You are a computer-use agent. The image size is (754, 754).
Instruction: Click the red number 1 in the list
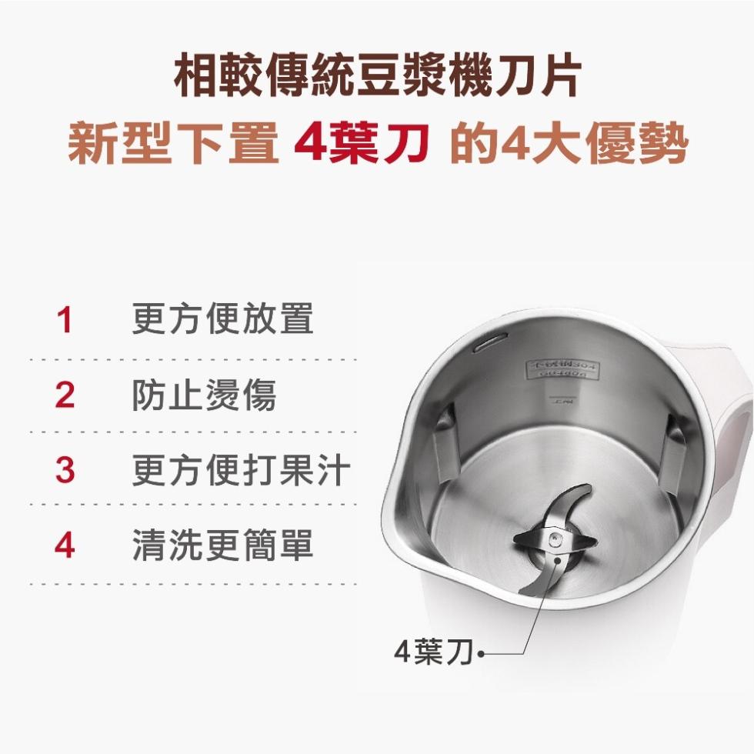coord(65,321)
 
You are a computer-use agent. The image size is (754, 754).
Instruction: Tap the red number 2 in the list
coord(65,395)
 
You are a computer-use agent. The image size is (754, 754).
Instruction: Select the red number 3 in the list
coord(65,470)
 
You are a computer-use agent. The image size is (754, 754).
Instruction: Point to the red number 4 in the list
coord(65,545)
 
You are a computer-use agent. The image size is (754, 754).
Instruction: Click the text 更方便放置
coord(223,319)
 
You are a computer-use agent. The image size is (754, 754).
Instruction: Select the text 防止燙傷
coord(204,395)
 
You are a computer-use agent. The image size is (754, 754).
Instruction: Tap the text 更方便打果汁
coord(241,470)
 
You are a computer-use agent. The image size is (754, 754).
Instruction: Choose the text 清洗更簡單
coord(223,545)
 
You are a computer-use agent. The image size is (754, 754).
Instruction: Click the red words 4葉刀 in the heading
coord(362,144)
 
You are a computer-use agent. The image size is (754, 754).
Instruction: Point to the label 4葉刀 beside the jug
coord(432,653)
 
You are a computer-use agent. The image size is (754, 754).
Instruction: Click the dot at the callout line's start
coord(482,655)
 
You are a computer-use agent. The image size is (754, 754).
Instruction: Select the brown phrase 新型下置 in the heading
coord(173,144)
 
